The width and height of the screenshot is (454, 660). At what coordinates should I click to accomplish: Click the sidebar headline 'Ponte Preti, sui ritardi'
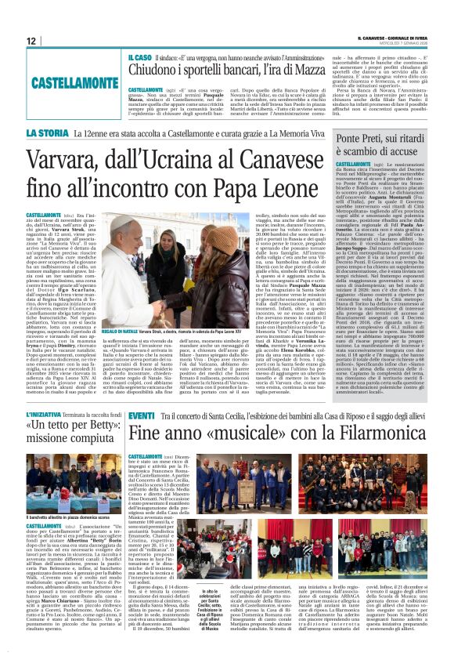pos(381,139)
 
